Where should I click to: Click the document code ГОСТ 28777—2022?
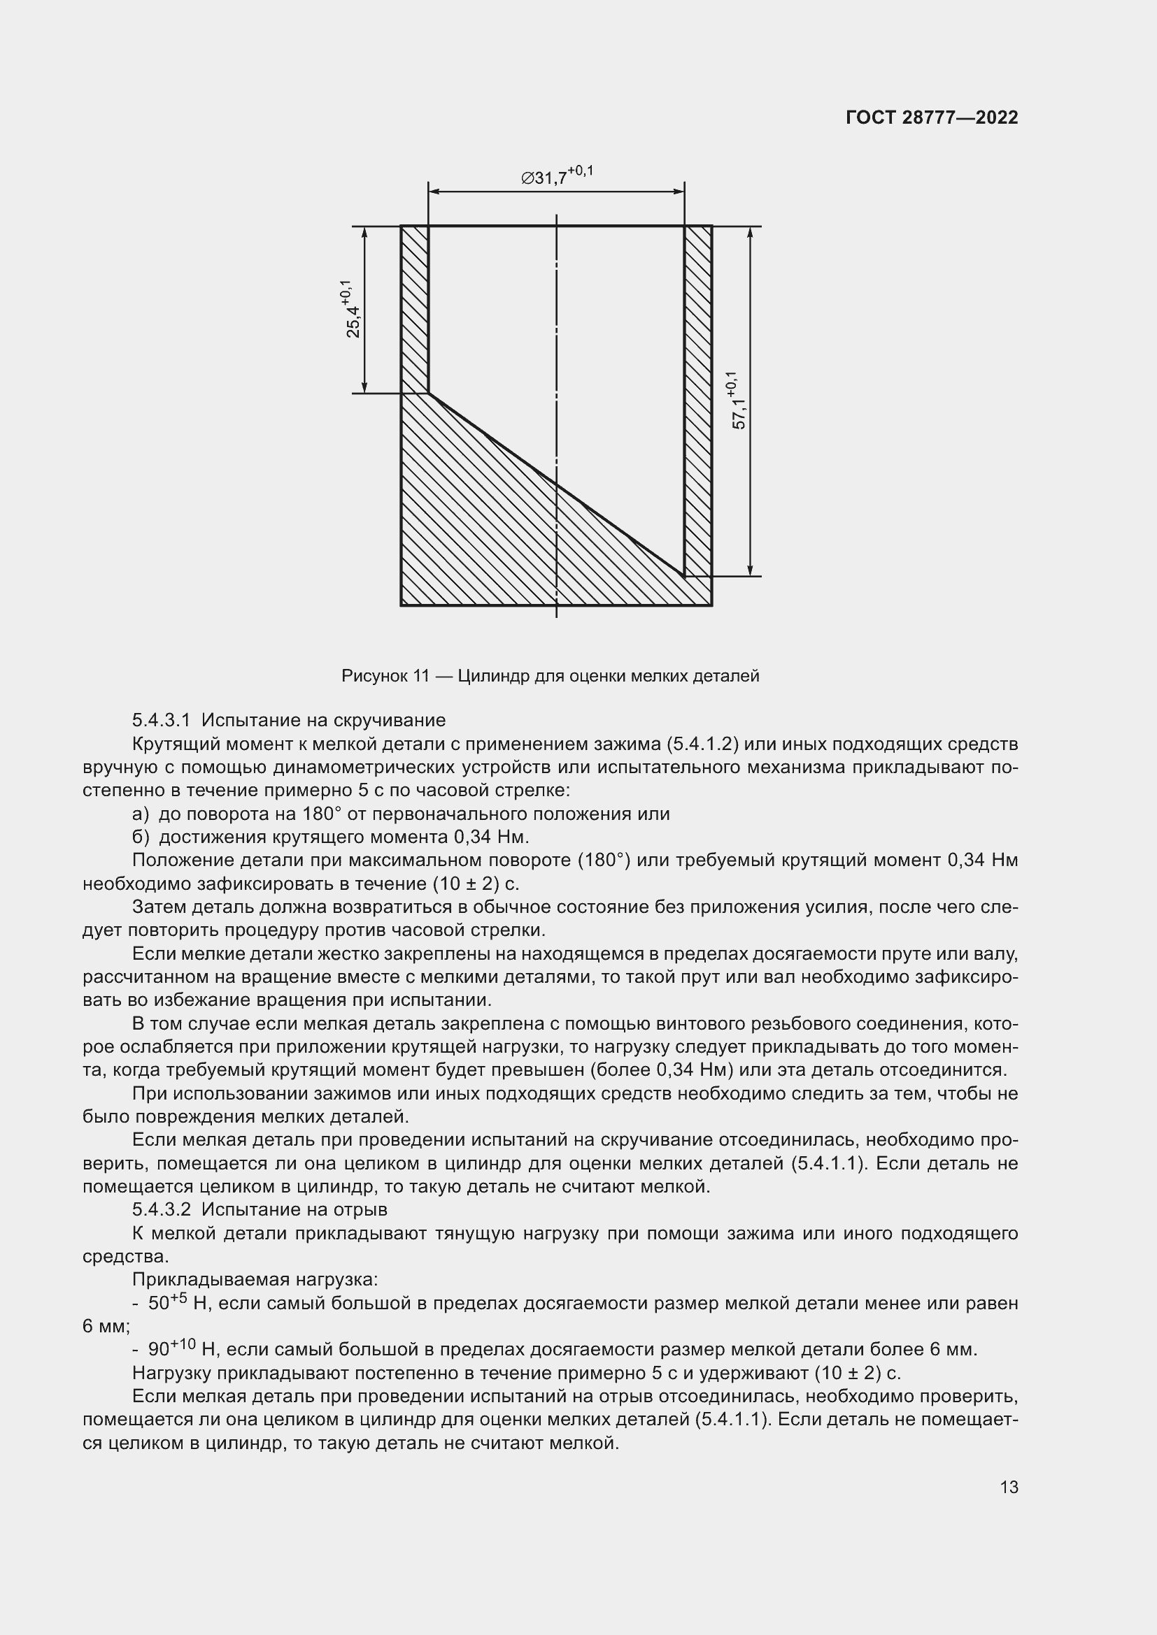pyautogui.click(x=931, y=117)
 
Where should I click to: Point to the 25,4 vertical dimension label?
pyautogui.click(x=351, y=309)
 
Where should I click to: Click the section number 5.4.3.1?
pyautogui.click(x=161, y=720)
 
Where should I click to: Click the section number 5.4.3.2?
pyautogui.click(x=161, y=1209)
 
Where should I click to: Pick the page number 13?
pyautogui.click(x=1009, y=1487)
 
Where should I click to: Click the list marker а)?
pyautogui.click(x=141, y=813)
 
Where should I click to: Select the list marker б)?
pyautogui.click(x=141, y=837)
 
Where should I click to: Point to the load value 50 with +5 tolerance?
pyautogui.click(x=166, y=1302)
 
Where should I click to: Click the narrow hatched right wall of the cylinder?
pyautogui.click(x=698, y=398)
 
